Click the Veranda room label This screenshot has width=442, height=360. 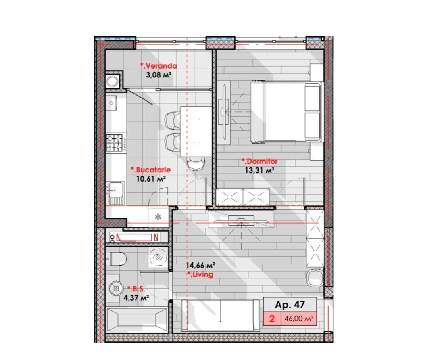pos(159,66)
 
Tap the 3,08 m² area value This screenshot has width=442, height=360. pos(159,75)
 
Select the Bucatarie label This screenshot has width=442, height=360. pos(150,170)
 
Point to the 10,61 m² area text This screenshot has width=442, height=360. pos(150,179)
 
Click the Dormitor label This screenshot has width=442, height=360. pos(259,161)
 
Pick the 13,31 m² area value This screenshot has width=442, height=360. pos(259,170)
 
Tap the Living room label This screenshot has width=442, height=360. pos(200,274)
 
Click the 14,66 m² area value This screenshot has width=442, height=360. pos(200,265)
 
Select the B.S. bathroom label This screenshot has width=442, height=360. pos(136,289)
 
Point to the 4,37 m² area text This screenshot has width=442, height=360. pos(136,298)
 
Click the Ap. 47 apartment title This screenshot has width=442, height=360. pos(290,304)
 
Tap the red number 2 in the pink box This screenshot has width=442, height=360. pos(272,318)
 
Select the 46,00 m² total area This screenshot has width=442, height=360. pos(299,319)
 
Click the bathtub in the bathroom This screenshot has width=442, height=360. pos(137,320)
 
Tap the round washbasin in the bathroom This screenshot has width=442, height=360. pos(116,288)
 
